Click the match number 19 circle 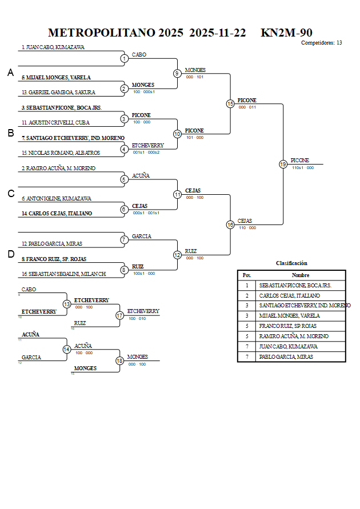click(x=283, y=164)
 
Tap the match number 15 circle click(x=230, y=103)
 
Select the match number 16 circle click(x=230, y=225)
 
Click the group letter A click(x=10, y=73)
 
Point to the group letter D click(x=10, y=254)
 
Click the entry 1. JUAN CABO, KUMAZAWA click(x=53, y=47)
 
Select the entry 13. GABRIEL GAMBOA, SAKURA click(x=58, y=93)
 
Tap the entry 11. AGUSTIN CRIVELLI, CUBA click(x=55, y=123)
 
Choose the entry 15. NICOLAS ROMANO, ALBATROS click(x=61, y=153)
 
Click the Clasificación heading click(x=291, y=263)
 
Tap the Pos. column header click(x=247, y=275)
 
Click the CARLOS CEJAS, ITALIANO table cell click(x=289, y=296)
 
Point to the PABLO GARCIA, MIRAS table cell click(x=286, y=357)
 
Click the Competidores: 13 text click(x=322, y=43)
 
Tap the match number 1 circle click(x=124, y=58)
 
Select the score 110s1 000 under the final click(x=302, y=168)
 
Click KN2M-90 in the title click(x=286, y=33)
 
